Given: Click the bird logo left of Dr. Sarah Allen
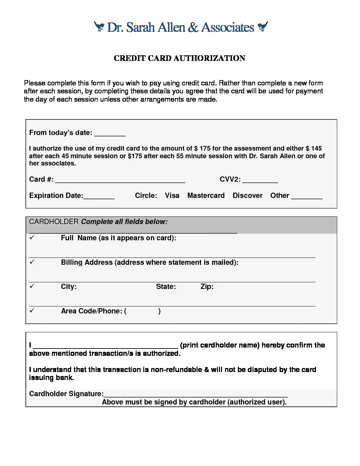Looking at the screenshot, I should pyautogui.click(x=99, y=26).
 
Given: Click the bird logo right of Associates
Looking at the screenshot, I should pyautogui.click(x=263, y=26).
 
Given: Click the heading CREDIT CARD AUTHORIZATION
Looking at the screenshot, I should pyautogui.click(x=179, y=58).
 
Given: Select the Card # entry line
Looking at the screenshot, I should pyautogui.click(x=120, y=181).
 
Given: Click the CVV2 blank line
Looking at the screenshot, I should pyautogui.click(x=260, y=181).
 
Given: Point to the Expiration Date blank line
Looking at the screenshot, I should pyautogui.click(x=99, y=197).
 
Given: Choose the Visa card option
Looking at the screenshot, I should pyautogui.click(x=172, y=196).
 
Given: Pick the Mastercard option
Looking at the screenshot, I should pyautogui.click(x=206, y=196).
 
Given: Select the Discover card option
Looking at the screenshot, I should pyautogui.click(x=247, y=196).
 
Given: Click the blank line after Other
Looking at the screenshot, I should pyautogui.click(x=307, y=197).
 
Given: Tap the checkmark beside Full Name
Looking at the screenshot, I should pyautogui.click(x=32, y=237).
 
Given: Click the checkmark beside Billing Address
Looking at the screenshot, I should pyautogui.click(x=32, y=262).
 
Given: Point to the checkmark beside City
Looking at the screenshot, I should pyautogui.click(x=32, y=286).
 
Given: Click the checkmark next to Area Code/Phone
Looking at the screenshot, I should pyautogui.click(x=32, y=310).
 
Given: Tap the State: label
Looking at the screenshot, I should pyautogui.click(x=166, y=287).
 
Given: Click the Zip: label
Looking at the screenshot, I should pyautogui.click(x=207, y=287).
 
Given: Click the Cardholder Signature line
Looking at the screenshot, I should pyautogui.click(x=196, y=395).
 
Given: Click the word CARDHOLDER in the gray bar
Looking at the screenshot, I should pyautogui.click(x=54, y=222).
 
